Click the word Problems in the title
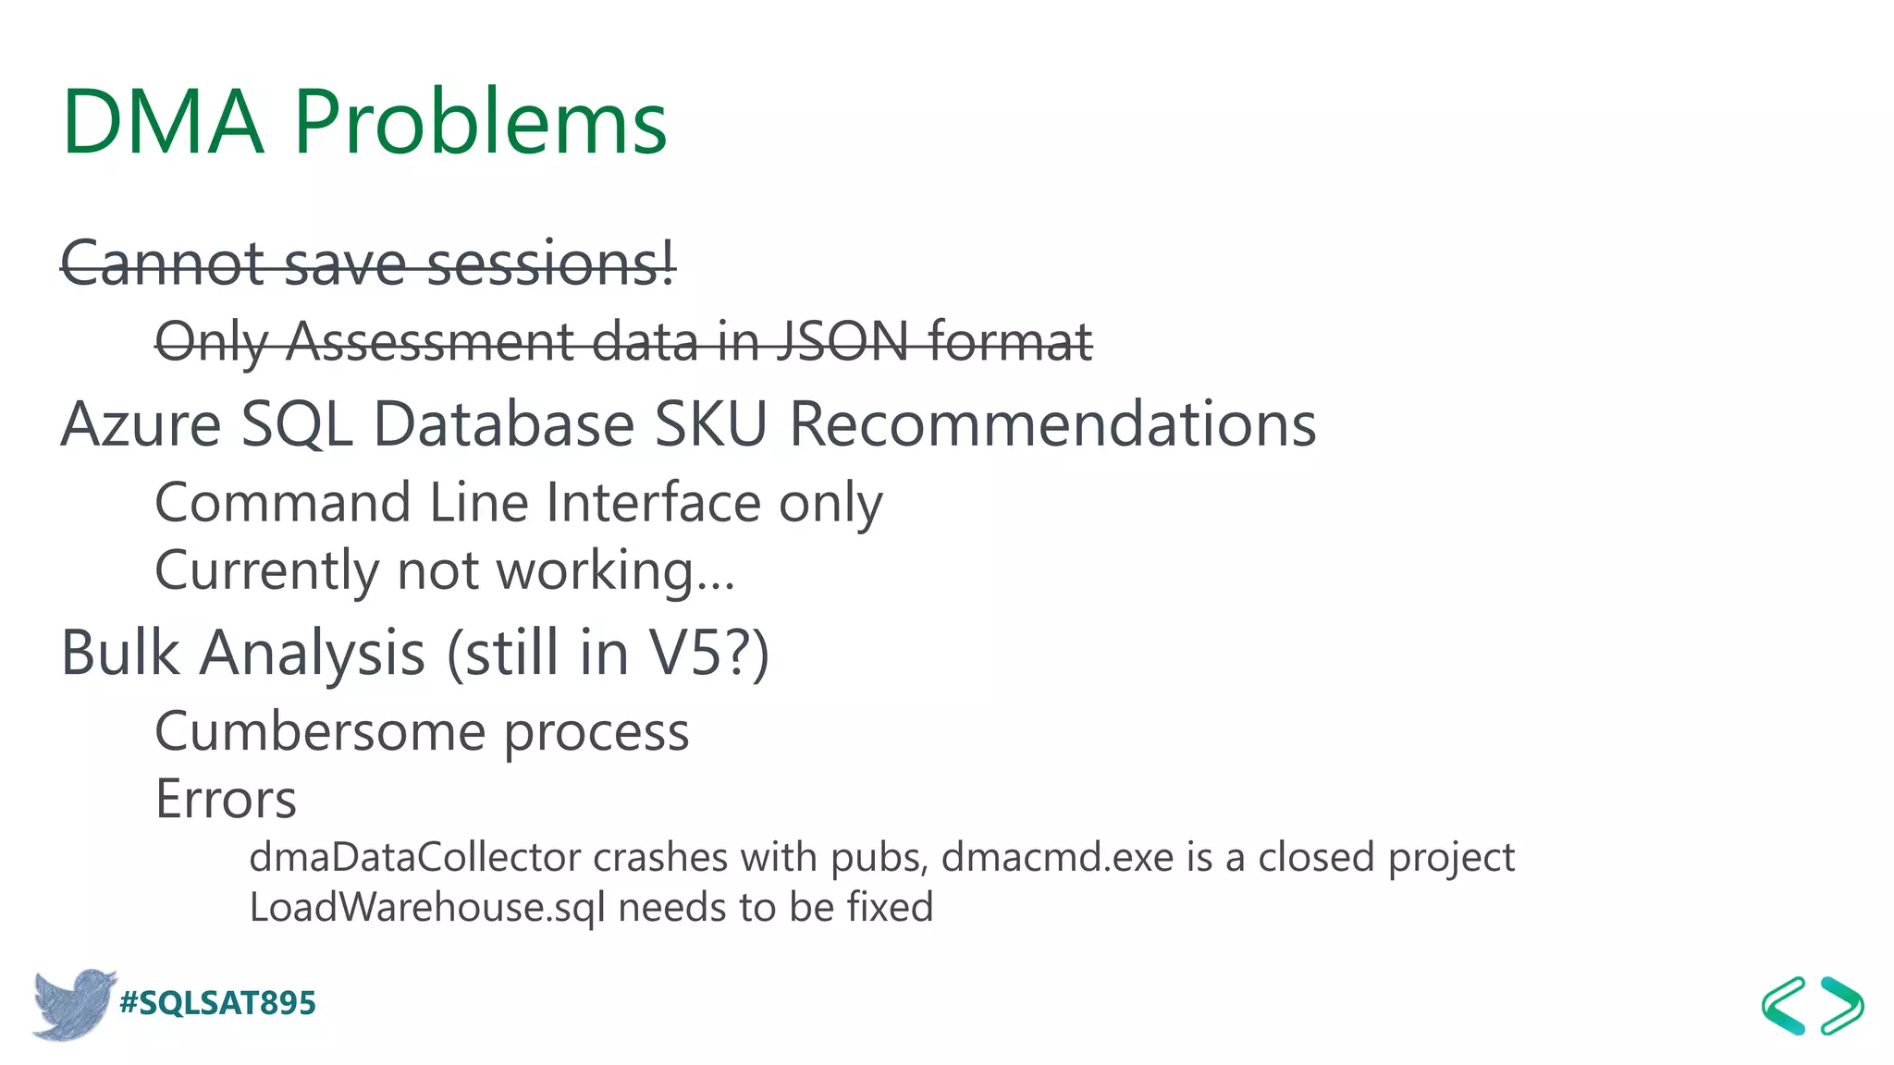click(480, 123)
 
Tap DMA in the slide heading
click(163, 123)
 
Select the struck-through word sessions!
click(551, 264)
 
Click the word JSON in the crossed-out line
click(842, 342)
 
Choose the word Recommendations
click(1052, 425)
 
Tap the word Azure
click(141, 425)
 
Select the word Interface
click(654, 504)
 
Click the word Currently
click(266, 571)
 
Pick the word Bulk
click(120, 654)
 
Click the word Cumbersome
click(320, 732)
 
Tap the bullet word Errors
click(226, 800)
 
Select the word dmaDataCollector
click(415, 858)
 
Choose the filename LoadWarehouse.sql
click(427, 908)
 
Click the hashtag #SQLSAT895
click(218, 1003)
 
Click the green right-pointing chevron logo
click(1842, 1006)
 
